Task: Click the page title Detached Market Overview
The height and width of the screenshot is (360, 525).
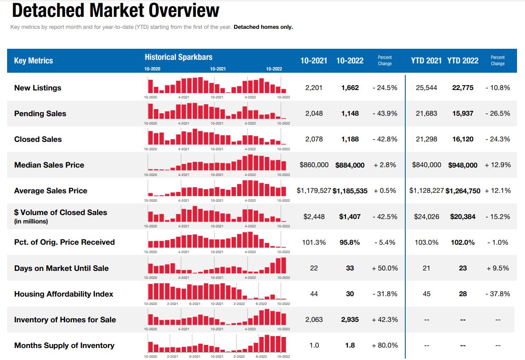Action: coord(115,11)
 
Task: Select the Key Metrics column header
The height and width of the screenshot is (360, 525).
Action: coord(33,61)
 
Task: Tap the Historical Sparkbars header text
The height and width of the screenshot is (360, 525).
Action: coord(178,57)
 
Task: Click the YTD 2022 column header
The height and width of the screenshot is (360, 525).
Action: coord(462,61)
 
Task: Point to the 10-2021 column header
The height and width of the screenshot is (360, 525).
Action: coord(313,61)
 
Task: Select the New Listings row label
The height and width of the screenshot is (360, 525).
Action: coord(38,88)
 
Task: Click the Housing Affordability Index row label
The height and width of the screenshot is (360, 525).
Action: coord(63,294)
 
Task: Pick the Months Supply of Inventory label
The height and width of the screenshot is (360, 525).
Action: coord(65,345)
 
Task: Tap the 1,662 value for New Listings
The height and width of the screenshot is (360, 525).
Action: coord(349,88)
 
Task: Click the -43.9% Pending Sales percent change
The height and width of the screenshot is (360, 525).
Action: coord(384,113)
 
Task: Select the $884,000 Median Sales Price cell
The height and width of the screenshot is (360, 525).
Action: coord(349,165)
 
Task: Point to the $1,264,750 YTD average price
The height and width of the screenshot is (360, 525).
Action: coord(462,191)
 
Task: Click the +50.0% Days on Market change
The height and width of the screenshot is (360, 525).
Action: coord(384,268)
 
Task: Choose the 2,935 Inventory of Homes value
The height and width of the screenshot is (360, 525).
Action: coord(349,320)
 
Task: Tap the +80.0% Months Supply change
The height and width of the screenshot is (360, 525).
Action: coord(384,345)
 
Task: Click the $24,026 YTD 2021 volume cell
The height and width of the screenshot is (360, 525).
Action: coord(426,217)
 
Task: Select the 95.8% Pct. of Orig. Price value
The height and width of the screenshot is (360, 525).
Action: coord(349,243)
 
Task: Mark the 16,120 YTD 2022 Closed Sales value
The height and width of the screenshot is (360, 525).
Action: coord(462,139)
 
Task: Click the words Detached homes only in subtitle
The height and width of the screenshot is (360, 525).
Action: coord(263,27)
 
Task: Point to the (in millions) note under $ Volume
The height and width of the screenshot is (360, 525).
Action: coord(31,221)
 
